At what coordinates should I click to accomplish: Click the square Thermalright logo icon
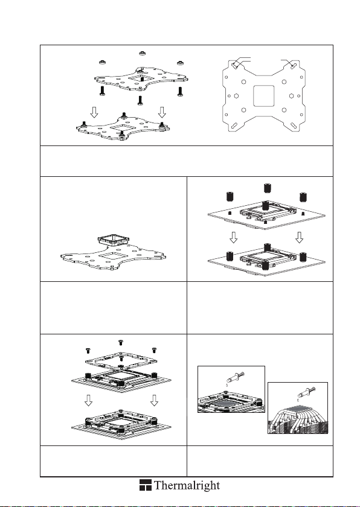(146, 485)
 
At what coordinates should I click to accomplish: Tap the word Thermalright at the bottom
(187, 485)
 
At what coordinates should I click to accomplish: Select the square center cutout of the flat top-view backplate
(263, 96)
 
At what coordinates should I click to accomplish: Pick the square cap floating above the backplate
(113, 240)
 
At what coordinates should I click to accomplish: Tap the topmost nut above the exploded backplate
(142, 53)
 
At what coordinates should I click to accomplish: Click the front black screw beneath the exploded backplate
(140, 100)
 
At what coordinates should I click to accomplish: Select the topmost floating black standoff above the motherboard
(267, 188)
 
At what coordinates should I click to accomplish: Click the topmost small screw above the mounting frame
(121, 342)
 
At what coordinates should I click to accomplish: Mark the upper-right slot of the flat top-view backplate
(293, 66)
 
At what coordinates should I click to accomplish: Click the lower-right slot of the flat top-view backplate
(293, 126)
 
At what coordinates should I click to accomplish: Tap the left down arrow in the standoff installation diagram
(233, 238)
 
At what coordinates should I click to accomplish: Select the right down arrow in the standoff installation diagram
(300, 238)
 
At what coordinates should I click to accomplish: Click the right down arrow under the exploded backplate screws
(162, 112)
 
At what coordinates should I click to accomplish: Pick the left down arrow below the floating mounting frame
(88, 401)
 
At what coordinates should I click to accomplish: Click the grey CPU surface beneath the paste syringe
(225, 401)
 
